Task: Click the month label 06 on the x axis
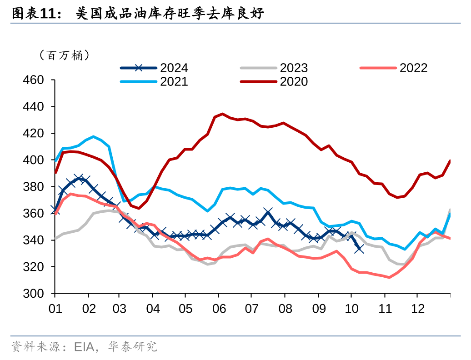pos(220,308)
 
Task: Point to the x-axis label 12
pos(417,308)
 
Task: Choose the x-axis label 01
pos(55,308)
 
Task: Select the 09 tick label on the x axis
pos(319,308)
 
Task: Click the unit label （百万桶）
pos(64,55)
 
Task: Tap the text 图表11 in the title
pos(32,15)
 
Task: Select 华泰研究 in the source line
pos(132,347)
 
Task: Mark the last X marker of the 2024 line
pos(359,248)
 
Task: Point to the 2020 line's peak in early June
pos(222,114)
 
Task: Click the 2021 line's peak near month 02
pos(94,136)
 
